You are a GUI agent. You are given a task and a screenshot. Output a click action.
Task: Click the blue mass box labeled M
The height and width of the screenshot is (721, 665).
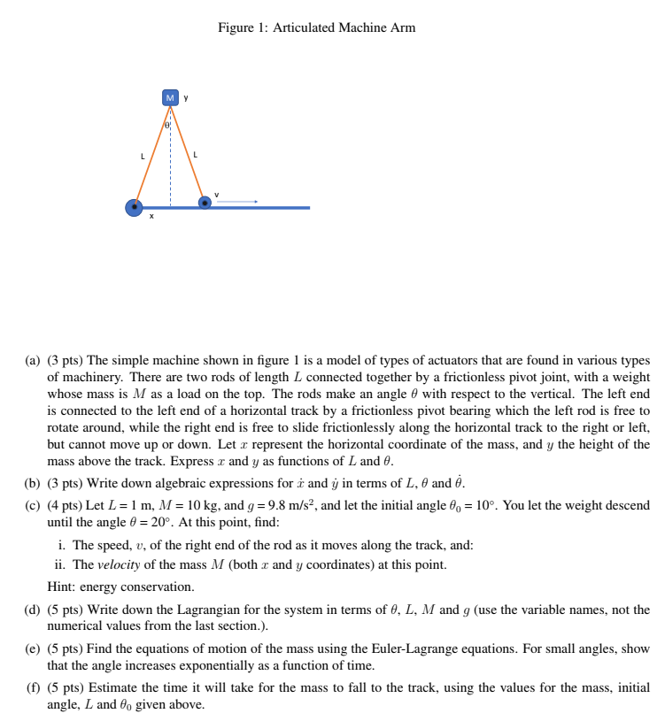point(171,97)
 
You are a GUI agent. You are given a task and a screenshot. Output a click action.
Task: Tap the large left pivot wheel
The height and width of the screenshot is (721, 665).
point(135,208)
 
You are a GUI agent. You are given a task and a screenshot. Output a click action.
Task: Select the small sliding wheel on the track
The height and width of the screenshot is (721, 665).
point(205,203)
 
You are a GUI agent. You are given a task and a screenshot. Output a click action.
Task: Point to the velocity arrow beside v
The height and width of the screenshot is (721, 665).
point(236,203)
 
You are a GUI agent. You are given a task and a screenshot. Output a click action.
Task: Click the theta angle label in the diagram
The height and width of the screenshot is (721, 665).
point(166,127)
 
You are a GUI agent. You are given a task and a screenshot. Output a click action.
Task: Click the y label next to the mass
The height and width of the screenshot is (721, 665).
point(186,96)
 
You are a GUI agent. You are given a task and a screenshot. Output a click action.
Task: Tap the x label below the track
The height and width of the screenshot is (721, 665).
point(151,218)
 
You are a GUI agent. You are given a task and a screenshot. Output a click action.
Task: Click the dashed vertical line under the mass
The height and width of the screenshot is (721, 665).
point(171,168)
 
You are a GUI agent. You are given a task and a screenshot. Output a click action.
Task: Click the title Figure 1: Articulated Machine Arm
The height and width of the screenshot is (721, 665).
point(316,27)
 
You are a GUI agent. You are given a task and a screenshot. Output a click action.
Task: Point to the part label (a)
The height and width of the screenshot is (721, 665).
point(33,361)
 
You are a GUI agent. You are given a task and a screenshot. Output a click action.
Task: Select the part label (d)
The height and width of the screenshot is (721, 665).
point(33,610)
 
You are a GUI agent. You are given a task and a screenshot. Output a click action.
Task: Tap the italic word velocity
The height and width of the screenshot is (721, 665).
point(118,564)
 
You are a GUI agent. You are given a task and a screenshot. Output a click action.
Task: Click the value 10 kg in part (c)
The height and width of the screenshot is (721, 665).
point(196,505)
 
